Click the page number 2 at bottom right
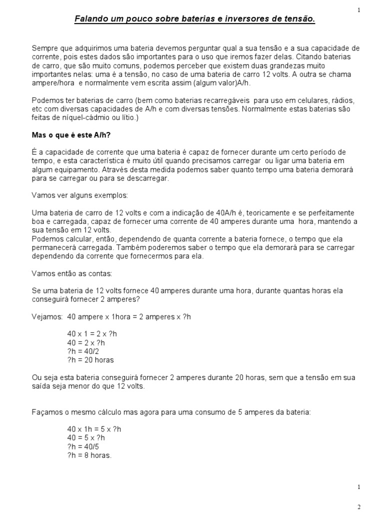tap(358, 506)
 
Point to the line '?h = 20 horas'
tap(90, 360)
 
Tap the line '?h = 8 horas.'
tap(89, 455)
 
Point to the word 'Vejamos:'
tap(47, 317)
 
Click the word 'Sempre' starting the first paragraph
tap(43, 48)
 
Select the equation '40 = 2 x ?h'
tap(86, 343)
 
